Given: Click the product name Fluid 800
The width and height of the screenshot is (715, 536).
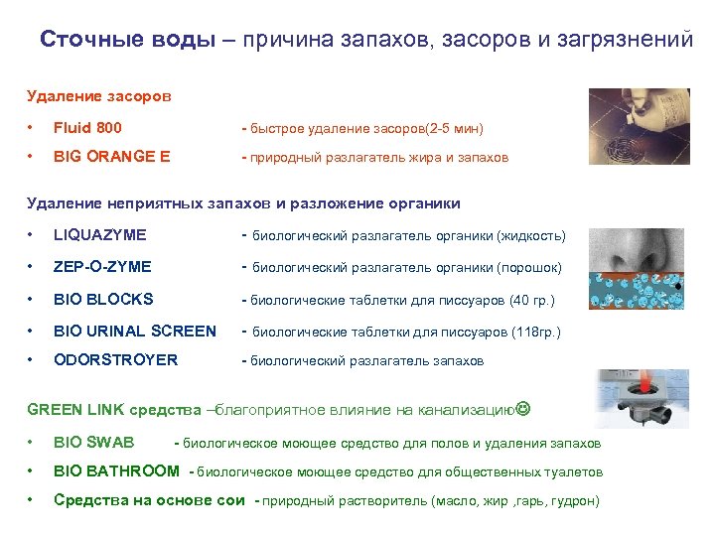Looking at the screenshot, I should tap(87, 128).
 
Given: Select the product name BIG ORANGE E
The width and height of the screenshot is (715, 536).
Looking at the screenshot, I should tap(111, 157).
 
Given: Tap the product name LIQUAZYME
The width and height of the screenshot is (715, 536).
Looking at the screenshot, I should tap(99, 235).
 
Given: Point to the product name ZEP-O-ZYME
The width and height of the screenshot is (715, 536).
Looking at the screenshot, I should tap(102, 267).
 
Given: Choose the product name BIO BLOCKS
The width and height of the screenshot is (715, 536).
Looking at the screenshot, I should tap(103, 299).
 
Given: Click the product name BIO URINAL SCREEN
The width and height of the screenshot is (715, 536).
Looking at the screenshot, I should tap(134, 332).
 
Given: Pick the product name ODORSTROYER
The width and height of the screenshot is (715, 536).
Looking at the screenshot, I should tap(115, 360).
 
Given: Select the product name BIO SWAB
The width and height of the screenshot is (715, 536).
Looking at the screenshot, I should tap(93, 443).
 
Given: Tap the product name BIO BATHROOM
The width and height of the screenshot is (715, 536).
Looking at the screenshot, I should tap(116, 471).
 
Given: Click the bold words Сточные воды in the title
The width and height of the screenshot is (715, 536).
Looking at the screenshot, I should tap(126, 40).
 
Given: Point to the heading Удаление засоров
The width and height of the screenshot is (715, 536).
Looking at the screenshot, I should tap(98, 96).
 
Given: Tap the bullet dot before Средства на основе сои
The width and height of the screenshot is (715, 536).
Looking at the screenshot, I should tap(32, 500).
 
